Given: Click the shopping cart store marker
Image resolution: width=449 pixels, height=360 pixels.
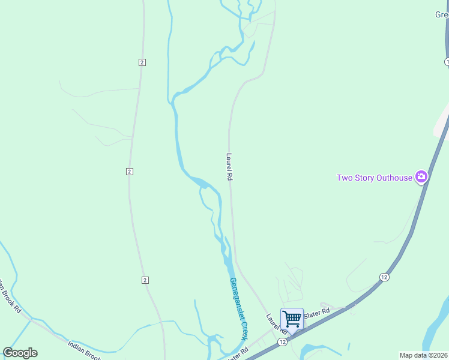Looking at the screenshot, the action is [x=292, y=319].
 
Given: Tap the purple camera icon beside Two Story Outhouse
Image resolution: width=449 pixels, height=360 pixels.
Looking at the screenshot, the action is [x=421, y=176].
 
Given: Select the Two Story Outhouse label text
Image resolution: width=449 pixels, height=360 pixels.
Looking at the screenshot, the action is [x=374, y=178].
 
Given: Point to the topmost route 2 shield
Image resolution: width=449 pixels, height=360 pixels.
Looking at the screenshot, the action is [x=142, y=62].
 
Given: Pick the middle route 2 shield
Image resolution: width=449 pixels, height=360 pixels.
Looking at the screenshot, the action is [x=129, y=172].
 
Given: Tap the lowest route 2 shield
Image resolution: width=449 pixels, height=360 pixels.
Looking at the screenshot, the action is [x=145, y=280].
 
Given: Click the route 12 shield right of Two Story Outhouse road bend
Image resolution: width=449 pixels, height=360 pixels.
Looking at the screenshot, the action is [x=384, y=277].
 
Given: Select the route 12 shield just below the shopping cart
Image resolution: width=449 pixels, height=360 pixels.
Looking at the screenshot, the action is [x=282, y=341].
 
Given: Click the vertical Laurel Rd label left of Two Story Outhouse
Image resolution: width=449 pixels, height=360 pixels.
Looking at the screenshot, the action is [x=229, y=166].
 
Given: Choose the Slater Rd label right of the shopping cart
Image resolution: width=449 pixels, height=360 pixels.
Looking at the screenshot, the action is [x=317, y=313].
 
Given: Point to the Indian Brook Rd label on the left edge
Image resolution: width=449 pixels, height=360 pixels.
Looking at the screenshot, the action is [x=11, y=296].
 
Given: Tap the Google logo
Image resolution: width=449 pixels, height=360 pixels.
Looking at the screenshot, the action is [x=20, y=353].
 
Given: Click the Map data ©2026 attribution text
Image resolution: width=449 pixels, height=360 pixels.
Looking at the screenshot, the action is [x=423, y=355].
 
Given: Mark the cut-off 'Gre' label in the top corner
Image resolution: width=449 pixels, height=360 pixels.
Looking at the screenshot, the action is [x=442, y=15].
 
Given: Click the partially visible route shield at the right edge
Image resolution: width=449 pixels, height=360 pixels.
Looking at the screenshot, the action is [x=447, y=62].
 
